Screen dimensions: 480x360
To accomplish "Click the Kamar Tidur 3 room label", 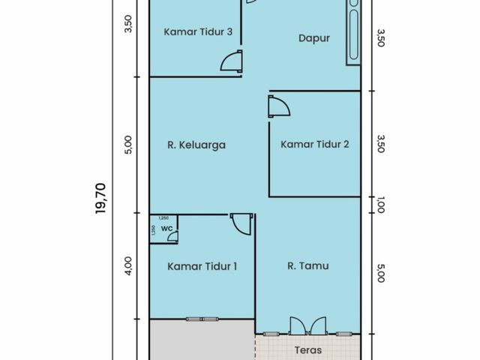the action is [198, 31].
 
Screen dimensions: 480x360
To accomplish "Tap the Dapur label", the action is [314, 38].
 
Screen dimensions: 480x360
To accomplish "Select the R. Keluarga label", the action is [196, 145].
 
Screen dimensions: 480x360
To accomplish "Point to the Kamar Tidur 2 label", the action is [315, 144].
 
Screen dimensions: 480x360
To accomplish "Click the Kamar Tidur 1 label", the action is [202, 266].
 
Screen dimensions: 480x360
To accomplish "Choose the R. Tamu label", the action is [308, 265].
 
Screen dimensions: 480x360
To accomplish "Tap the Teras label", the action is [308, 350].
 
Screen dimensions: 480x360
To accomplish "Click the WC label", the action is [166, 228].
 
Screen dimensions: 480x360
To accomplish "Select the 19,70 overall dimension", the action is [100, 198].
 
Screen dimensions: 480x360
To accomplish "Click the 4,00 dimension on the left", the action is [128, 265].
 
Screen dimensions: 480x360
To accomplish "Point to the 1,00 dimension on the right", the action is [380, 205].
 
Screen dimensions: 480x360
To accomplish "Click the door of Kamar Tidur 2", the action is [279, 106].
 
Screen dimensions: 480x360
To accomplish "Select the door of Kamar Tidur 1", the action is [241, 223].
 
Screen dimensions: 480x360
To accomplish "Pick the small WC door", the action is [173, 237].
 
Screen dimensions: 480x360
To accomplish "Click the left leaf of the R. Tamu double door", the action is [298, 326].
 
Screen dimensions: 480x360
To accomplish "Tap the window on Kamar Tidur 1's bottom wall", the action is [202, 319].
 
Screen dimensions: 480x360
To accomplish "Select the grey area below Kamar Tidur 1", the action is [202, 340].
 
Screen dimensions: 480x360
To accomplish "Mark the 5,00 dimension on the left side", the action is [128, 145].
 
